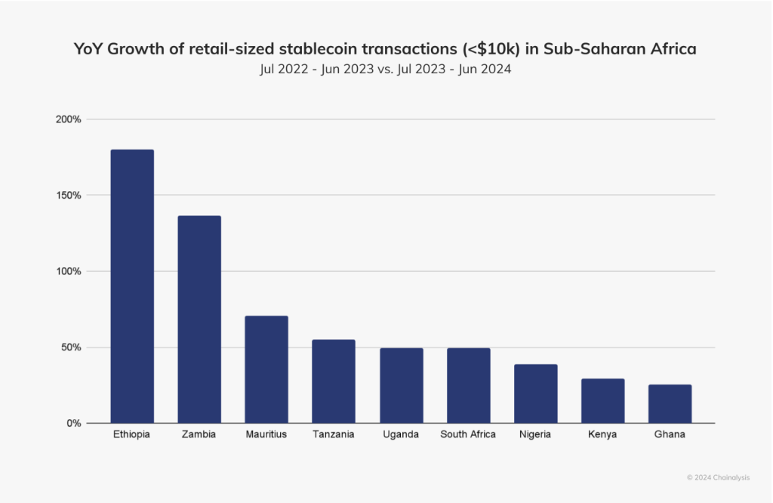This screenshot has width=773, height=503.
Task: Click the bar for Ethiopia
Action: [132, 286]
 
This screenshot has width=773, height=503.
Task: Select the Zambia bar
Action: [199, 319]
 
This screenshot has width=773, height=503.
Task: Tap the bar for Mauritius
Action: [266, 369]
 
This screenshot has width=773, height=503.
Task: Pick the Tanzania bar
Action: [334, 381]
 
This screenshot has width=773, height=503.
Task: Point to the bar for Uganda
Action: [401, 385]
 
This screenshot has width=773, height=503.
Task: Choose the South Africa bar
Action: [468, 385]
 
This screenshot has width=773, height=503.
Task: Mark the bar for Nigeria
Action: [535, 393]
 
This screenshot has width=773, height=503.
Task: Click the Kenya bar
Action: [602, 401]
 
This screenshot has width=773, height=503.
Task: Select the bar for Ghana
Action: [670, 404]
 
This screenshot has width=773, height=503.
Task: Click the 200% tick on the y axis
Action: [68, 119]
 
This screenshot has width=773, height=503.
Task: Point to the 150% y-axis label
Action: [68, 195]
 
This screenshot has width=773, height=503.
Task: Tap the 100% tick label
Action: [68, 271]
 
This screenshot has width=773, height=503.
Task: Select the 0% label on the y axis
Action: [72, 423]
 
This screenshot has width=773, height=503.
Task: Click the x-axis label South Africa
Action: [468, 435]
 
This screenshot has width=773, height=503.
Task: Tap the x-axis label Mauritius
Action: [266, 435]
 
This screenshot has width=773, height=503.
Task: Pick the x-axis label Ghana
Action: [670, 435]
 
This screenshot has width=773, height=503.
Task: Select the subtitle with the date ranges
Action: [386, 69]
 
